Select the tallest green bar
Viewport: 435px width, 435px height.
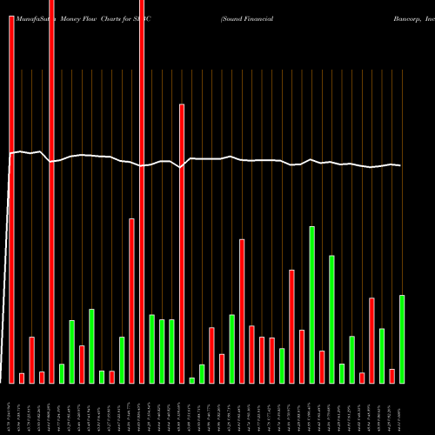311,304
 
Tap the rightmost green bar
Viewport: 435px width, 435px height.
402,338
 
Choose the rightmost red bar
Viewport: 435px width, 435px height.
391,376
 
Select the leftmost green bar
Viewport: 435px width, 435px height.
61,373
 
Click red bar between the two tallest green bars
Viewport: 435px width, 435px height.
322,366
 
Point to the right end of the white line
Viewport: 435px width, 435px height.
402,165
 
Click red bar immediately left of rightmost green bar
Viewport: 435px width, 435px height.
391,376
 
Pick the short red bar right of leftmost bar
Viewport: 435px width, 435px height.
22,378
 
